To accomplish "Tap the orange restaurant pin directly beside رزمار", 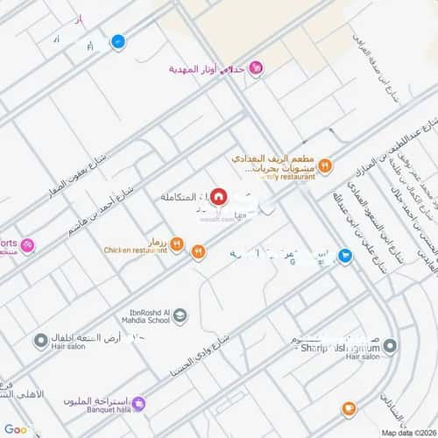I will click(176, 244).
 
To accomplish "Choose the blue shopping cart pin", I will click(347, 257).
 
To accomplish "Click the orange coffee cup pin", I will click(349, 408).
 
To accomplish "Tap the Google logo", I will click(17, 429).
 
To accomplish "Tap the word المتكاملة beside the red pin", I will click(187, 197).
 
